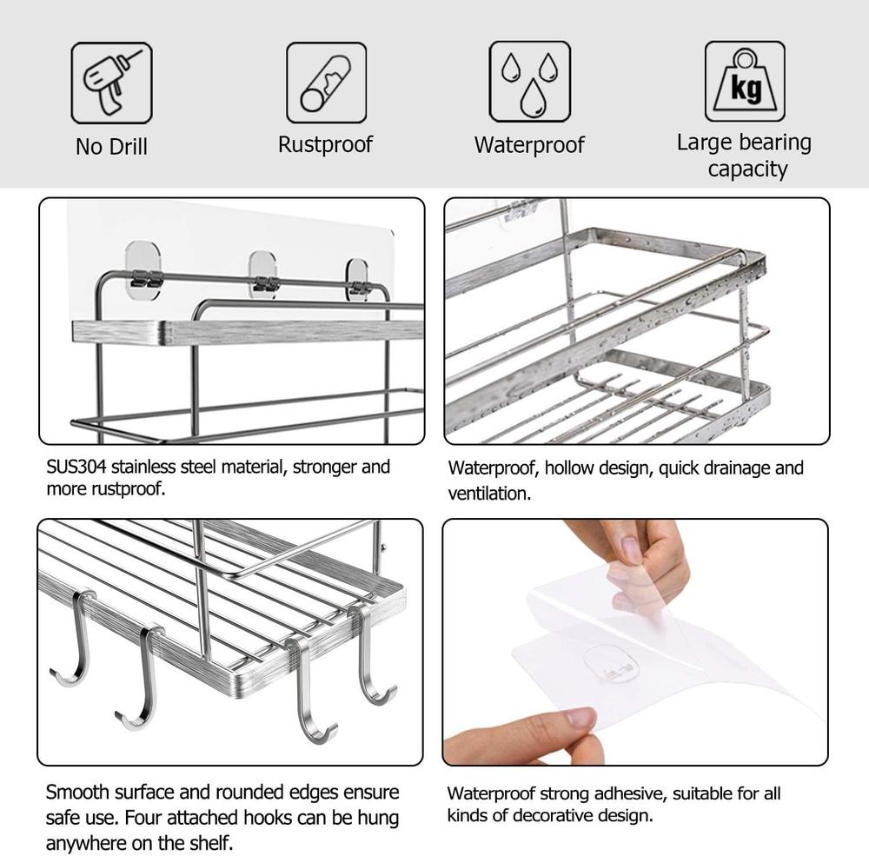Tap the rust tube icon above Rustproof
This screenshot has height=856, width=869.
click(x=326, y=83)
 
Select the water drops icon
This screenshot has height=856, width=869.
click(x=529, y=83)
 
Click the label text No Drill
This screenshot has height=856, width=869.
click(x=111, y=147)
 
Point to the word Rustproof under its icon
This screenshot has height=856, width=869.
click(x=325, y=144)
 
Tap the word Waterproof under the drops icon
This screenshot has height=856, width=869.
click(x=529, y=145)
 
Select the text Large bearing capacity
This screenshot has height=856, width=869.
click(x=744, y=155)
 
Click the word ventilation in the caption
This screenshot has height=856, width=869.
click(x=488, y=494)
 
